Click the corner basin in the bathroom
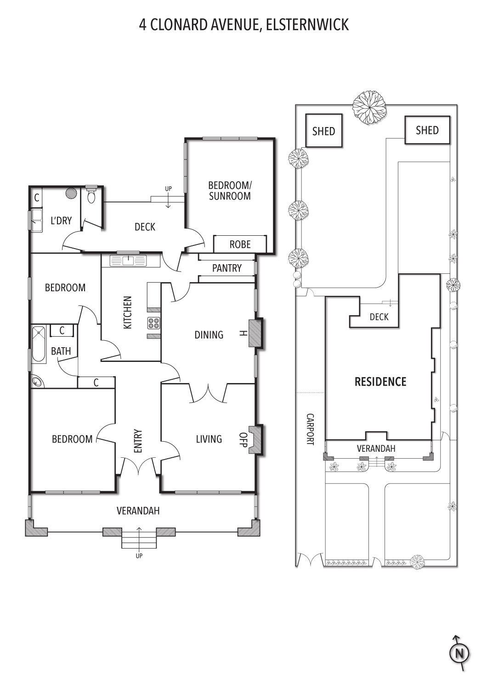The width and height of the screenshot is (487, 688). [x=38, y=381]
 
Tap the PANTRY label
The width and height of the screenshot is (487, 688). [x=227, y=268]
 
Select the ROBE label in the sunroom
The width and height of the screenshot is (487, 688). [x=240, y=244]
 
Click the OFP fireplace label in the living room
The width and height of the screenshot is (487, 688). [x=243, y=439]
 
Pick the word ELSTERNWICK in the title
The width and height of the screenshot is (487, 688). [x=307, y=25]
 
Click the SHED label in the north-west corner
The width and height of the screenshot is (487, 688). [x=323, y=132]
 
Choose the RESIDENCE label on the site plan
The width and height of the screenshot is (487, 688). [x=380, y=382]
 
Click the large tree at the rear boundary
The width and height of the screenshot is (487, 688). [x=369, y=108]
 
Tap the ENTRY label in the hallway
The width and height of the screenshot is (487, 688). [x=138, y=441]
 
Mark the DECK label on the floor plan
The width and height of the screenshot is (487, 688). [x=145, y=227]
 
